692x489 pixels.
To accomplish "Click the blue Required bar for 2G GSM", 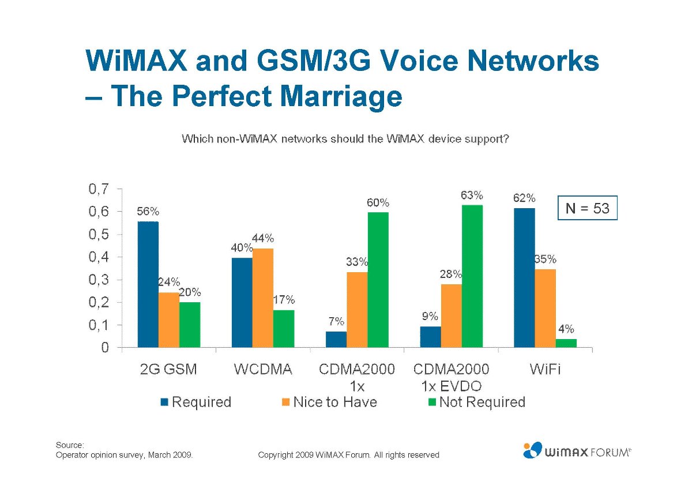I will (x=148, y=284).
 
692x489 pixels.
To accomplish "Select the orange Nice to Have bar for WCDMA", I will (x=263, y=298).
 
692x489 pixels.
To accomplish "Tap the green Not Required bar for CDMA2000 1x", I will (x=378, y=280).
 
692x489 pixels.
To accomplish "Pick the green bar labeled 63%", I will (x=472, y=276).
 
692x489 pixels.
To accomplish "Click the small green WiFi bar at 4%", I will (x=566, y=343).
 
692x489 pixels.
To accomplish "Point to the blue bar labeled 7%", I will (x=336, y=340).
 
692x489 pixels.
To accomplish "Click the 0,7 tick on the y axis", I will (x=98, y=189).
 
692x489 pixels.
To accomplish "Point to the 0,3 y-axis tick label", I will (x=98, y=280).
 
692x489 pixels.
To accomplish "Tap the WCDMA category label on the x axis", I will (x=262, y=370).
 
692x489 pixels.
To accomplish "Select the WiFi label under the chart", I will (x=545, y=370).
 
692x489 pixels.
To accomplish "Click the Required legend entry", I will (x=196, y=402).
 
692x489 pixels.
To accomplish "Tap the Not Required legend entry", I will (x=476, y=402).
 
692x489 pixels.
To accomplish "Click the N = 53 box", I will (x=587, y=208).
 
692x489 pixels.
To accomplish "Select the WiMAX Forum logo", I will (x=577, y=450).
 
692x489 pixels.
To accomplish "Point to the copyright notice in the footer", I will (x=348, y=455).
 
